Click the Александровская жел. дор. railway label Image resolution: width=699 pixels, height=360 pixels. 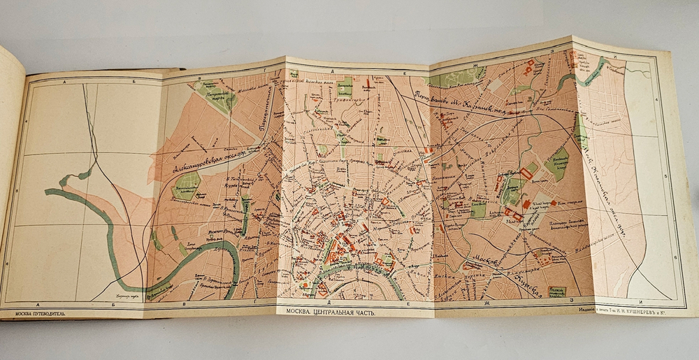click(210, 159)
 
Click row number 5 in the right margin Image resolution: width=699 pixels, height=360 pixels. click(666, 178)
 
